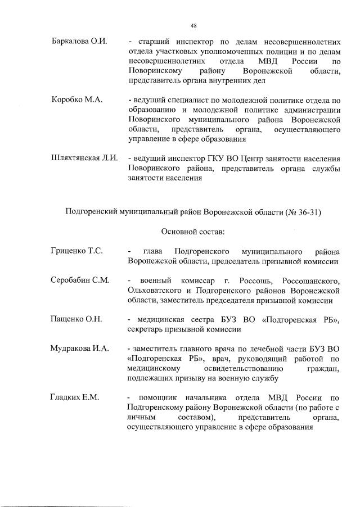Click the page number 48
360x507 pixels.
click(x=193, y=25)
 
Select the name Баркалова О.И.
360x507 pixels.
click(x=79, y=42)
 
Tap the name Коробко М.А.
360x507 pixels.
click(x=76, y=100)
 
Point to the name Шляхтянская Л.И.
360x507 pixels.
click(x=84, y=158)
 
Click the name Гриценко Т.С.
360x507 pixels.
click(x=76, y=251)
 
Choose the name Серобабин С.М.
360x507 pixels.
click(x=79, y=280)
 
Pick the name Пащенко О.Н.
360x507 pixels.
click(x=76, y=319)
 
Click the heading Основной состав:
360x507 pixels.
click(x=193, y=231)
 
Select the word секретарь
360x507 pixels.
click(x=146, y=329)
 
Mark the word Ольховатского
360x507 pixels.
click(x=154, y=290)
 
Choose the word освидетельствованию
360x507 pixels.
click(x=233, y=368)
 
